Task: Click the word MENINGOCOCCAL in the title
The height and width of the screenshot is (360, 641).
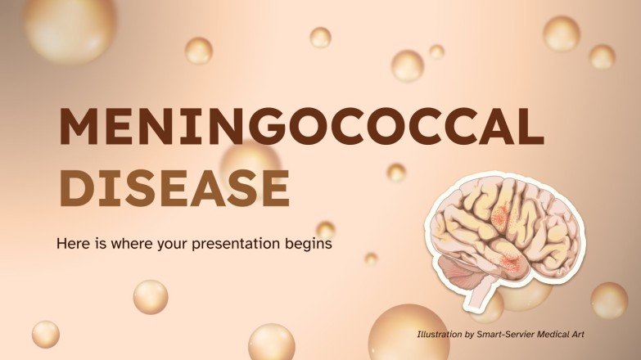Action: tap(300, 128)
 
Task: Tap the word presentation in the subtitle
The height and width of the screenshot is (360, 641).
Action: tap(250, 243)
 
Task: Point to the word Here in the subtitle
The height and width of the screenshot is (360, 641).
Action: tap(71, 243)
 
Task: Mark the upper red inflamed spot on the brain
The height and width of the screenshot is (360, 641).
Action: tap(500, 214)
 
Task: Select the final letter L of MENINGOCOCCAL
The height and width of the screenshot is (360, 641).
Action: tap(530, 128)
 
